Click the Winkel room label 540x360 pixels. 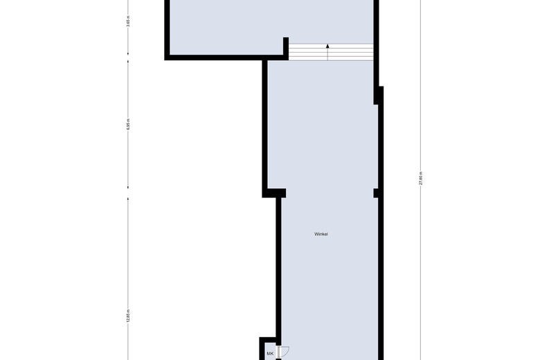321,235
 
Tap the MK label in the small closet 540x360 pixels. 270,354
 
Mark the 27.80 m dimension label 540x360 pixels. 422,179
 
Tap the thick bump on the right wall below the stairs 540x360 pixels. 379,96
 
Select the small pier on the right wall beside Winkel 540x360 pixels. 376,192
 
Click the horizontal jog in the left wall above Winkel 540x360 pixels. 274,192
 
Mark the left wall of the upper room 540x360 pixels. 168,28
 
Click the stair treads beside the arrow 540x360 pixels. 350,52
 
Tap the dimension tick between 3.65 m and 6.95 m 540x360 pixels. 129,60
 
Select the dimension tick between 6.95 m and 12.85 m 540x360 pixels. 129,195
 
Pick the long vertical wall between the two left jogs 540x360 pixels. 264,125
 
